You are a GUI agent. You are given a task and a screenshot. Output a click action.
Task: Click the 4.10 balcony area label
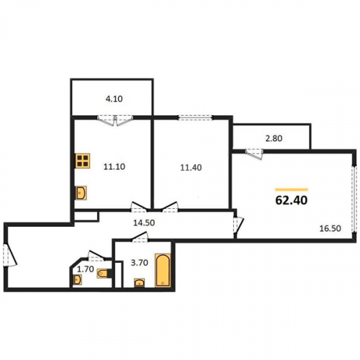[x=114, y=99]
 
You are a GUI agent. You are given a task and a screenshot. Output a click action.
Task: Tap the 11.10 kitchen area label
[x=114, y=166]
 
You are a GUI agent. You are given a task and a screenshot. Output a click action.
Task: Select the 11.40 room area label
[x=191, y=168]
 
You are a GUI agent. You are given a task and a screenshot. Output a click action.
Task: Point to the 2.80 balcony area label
[x=274, y=138]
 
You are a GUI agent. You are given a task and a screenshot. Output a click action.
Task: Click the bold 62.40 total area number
[x=292, y=200]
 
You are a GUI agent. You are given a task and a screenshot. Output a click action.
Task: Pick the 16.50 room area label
[x=330, y=228]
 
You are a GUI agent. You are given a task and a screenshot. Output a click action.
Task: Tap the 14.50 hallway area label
[x=144, y=223]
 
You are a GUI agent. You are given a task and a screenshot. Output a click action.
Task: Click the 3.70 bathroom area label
[x=140, y=263]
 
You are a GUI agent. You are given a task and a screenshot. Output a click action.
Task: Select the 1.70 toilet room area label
[x=86, y=269]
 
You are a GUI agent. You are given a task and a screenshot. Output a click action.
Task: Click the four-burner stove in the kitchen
[x=83, y=161]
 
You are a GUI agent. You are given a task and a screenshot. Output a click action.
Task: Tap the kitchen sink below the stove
[x=81, y=193]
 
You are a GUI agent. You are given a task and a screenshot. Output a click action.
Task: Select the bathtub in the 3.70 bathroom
[x=163, y=270]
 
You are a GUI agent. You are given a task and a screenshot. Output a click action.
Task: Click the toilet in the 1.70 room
[x=104, y=274]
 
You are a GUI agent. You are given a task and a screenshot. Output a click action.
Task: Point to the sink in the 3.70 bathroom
[x=140, y=282]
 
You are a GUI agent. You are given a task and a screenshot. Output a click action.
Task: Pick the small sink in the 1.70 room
[x=77, y=279]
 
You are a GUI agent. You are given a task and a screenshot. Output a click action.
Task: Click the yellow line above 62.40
[x=292, y=189]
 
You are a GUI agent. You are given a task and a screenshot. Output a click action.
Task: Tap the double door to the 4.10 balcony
[x=115, y=120]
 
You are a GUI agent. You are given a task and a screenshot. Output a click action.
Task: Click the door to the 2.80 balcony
[x=255, y=154]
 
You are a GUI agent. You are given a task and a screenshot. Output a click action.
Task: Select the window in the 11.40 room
[x=195, y=117]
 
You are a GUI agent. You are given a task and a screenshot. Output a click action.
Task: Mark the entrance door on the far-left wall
[x=9, y=255]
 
